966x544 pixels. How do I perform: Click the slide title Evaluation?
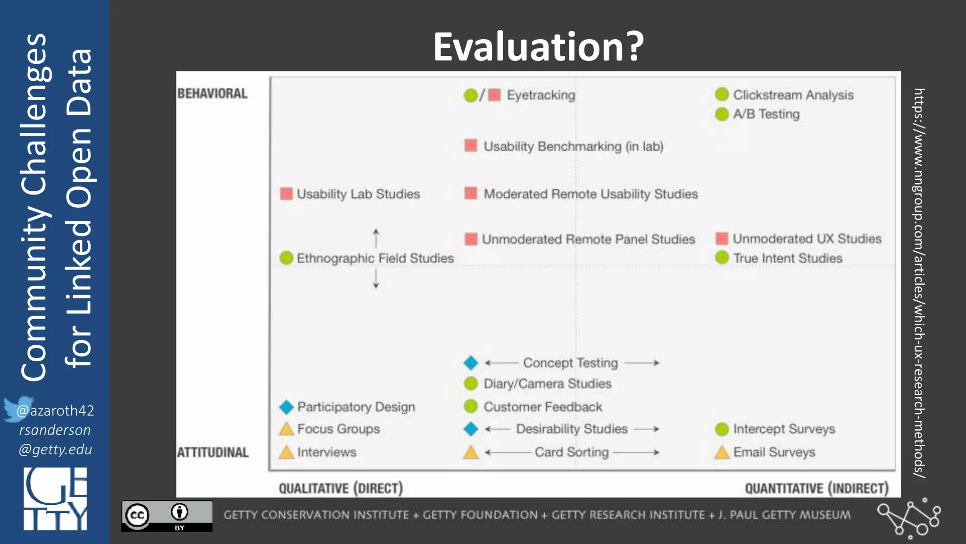pos(538,46)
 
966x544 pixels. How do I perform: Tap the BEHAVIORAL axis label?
pos(212,93)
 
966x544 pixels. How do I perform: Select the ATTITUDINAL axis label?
pos(213,452)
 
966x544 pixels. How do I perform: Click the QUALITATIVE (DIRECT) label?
pos(341,488)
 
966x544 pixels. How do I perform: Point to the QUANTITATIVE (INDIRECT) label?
pos(816,488)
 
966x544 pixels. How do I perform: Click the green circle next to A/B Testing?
pos(722,114)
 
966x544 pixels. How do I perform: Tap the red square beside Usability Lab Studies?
pos(286,194)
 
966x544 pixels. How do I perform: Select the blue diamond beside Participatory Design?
pos(286,407)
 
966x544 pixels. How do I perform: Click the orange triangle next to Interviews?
pos(286,452)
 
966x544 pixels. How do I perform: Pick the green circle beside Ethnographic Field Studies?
pos(286,258)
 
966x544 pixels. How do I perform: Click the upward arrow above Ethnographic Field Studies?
pos(376,237)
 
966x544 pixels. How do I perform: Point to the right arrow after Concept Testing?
pos(642,363)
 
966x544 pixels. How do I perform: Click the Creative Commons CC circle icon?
pos(137,515)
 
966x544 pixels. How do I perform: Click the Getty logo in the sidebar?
pos(55,499)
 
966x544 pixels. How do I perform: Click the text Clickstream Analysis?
pos(793,95)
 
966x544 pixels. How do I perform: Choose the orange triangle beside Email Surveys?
pos(722,452)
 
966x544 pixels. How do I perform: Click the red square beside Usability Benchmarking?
pos(471,145)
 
